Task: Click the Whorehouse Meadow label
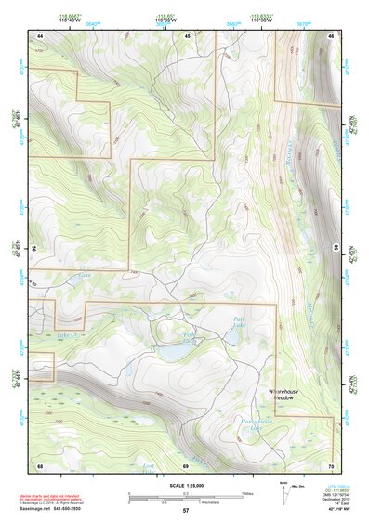pos(286,395)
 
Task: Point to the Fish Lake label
pos(189,337)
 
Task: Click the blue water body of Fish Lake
pos(173,353)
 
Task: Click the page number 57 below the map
pos(185,512)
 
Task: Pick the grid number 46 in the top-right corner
pos(332,35)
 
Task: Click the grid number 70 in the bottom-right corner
pos(332,464)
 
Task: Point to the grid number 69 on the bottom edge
pos(186,464)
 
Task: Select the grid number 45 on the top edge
pos(187,35)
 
